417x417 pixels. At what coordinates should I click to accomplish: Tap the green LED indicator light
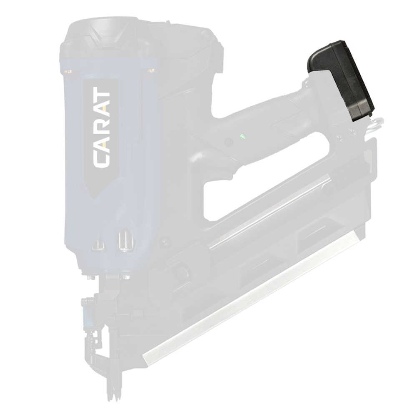(242, 137)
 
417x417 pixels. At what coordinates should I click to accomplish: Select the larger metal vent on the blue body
(126, 240)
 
